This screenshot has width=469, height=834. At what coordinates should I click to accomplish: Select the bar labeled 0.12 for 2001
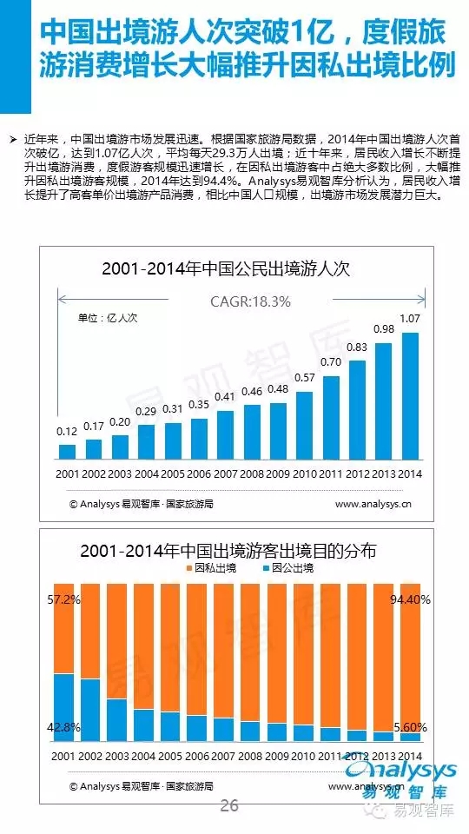(67, 452)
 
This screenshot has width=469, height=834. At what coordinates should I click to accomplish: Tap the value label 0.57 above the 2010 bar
(305, 378)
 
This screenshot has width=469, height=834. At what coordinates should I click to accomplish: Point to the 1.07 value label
(410, 319)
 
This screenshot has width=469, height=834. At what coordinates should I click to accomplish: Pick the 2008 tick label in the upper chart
(252, 473)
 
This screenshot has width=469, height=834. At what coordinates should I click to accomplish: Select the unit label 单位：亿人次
(108, 318)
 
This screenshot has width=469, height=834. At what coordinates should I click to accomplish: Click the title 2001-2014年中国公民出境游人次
(227, 268)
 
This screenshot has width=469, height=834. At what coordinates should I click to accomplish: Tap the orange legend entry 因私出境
(210, 568)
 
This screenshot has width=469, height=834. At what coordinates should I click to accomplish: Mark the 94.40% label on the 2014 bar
(410, 600)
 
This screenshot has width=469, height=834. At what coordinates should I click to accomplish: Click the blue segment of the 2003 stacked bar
(117, 720)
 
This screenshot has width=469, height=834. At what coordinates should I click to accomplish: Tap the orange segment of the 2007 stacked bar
(223, 651)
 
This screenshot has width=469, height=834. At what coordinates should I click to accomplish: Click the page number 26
(229, 805)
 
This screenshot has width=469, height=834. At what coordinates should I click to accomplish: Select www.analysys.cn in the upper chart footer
(373, 504)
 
